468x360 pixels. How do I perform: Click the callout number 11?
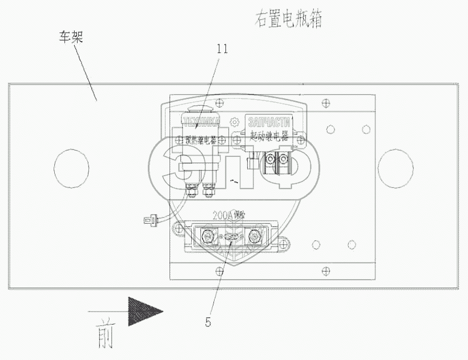coord(222,49)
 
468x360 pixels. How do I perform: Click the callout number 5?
coord(208,322)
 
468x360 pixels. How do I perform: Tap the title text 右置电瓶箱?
coord(288,20)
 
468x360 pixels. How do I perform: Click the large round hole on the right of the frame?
coord(396,167)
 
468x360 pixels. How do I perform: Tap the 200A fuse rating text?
coord(228,216)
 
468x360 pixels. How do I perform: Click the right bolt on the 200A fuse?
coord(252,234)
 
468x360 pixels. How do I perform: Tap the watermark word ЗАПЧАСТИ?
coord(269,122)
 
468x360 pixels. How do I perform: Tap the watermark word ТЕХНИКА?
coord(200,122)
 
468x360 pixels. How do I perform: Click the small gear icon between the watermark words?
coord(233,122)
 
